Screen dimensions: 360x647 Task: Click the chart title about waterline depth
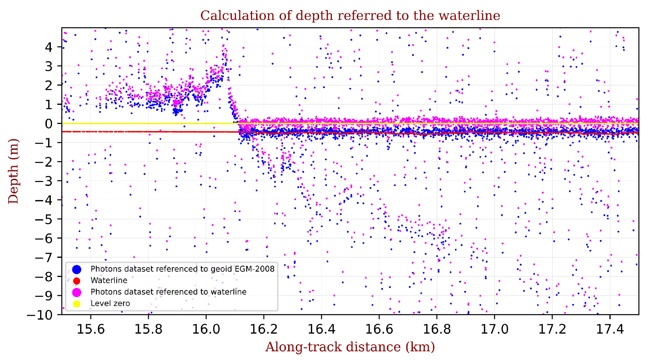pos(350,16)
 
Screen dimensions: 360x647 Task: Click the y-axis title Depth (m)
pos(13,171)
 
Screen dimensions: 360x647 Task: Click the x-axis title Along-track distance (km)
pos(350,347)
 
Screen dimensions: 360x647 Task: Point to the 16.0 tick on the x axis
pos(206,329)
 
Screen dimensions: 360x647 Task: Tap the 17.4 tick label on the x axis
pos(610,329)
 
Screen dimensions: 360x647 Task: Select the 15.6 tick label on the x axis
pos(91,329)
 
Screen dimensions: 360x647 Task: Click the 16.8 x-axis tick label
pos(437,329)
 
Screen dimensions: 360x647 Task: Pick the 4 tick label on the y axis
pos(49,47)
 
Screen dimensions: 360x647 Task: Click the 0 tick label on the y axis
pos(49,124)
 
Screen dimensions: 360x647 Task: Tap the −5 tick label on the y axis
pos(44,220)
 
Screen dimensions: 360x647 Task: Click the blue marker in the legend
pos(77,269)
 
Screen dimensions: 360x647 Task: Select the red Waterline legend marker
pos(77,281)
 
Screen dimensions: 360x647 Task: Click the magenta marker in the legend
pos(77,292)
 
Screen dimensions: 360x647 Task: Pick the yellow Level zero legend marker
pos(77,304)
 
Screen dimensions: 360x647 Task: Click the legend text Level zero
pos(110,303)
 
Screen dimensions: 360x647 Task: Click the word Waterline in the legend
pos(109,280)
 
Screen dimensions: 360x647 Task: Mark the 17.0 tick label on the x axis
pos(494,329)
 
